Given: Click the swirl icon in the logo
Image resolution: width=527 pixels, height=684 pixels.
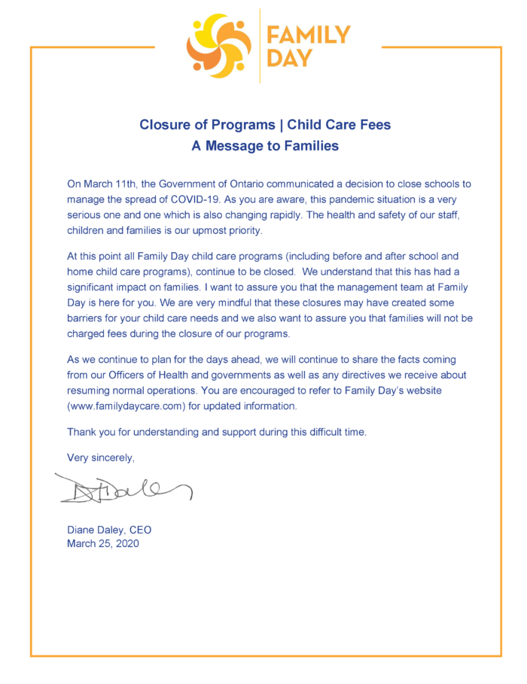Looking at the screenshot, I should click(219, 46).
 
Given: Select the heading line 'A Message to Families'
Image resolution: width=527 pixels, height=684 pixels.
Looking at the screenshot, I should click(264, 146).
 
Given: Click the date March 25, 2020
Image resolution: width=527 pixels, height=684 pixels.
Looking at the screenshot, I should click(103, 543).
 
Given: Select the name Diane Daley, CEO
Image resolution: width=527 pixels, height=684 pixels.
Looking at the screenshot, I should click(109, 530).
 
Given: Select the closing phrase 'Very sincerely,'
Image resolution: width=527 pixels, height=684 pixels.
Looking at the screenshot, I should click(101, 457).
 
